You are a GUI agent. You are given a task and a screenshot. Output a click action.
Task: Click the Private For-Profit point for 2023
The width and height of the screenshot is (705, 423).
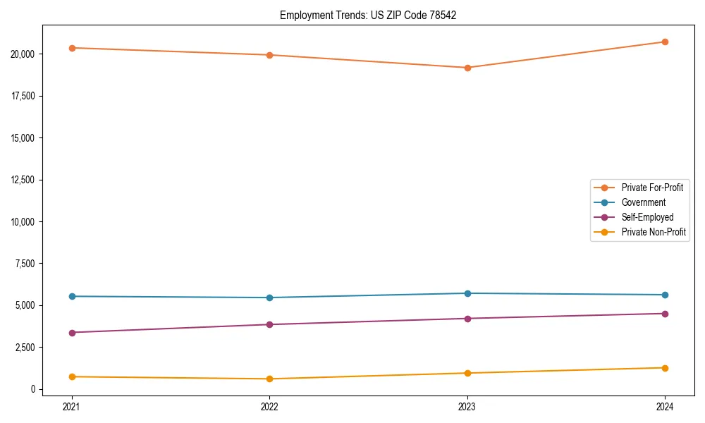tap(467, 68)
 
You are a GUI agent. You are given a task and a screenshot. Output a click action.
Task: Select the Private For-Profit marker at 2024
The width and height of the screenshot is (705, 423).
tap(665, 42)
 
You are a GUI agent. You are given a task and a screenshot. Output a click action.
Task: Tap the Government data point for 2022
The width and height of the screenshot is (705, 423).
tap(269, 298)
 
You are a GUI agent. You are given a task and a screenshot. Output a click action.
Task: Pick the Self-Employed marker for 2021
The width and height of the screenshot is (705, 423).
tap(72, 332)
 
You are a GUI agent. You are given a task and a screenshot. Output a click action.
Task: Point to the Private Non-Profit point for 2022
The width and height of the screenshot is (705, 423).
tap(269, 379)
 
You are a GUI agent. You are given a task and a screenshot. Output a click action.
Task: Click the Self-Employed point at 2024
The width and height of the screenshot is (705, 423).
tap(665, 314)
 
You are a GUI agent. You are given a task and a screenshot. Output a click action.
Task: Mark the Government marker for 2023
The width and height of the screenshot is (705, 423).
tap(467, 293)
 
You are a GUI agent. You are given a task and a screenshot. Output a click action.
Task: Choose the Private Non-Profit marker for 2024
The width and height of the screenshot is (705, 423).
tap(665, 368)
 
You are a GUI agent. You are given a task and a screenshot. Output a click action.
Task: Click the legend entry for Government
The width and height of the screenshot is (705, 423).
tap(643, 202)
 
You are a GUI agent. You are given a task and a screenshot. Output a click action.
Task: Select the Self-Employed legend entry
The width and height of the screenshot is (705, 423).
tap(647, 217)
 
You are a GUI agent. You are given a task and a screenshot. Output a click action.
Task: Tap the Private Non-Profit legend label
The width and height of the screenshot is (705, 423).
tap(654, 232)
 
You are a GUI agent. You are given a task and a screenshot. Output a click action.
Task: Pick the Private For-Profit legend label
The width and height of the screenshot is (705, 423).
tap(652, 188)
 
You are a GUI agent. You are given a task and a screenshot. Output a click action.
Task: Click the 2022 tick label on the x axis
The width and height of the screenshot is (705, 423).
tap(269, 407)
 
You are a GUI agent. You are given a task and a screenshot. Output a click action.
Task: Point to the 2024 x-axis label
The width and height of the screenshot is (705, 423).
tap(665, 407)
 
